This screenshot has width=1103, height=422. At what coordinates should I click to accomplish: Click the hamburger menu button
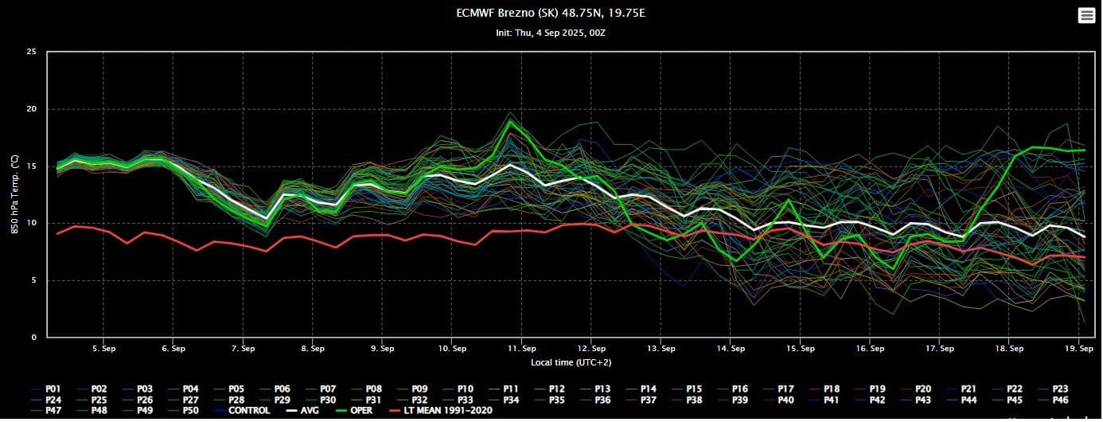pyautogui.click(x=1086, y=16)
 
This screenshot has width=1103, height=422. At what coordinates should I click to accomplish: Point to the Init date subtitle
pyautogui.click(x=551, y=33)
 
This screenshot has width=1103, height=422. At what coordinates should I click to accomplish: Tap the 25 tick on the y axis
pyautogui.click(x=32, y=52)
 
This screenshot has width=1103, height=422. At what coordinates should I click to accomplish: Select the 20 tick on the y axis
pyautogui.click(x=32, y=109)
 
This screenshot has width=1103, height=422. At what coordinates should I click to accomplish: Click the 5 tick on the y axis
pyautogui.click(x=34, y=280)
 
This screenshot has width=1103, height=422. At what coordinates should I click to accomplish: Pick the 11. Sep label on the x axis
pyautogui.click(x=521, y=349)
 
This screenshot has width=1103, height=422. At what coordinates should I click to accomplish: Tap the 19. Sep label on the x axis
pyautogui.click(x=1078, y=349)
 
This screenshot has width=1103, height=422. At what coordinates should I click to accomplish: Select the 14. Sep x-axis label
pyautogui.click(x=731, y=349)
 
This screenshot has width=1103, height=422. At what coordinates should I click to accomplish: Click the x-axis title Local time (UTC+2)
pyautogui.click(x=571, y=362)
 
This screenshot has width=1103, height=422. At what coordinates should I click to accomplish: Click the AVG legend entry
pyautogui.click(x=306, y=411)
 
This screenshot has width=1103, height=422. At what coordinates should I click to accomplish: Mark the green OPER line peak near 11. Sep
pyautogui.click(x=510, y=121)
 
